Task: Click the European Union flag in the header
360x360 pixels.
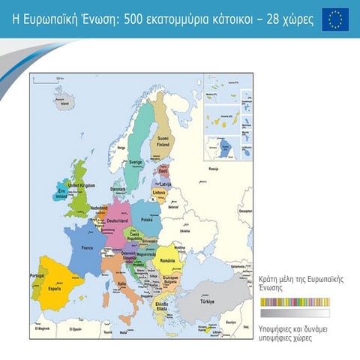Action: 335,19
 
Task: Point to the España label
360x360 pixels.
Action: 54,287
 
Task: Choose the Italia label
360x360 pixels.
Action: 122,283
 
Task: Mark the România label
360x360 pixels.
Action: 168,259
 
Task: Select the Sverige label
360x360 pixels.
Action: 135,162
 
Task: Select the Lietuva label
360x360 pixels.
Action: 159,192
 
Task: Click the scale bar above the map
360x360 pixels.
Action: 46,78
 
